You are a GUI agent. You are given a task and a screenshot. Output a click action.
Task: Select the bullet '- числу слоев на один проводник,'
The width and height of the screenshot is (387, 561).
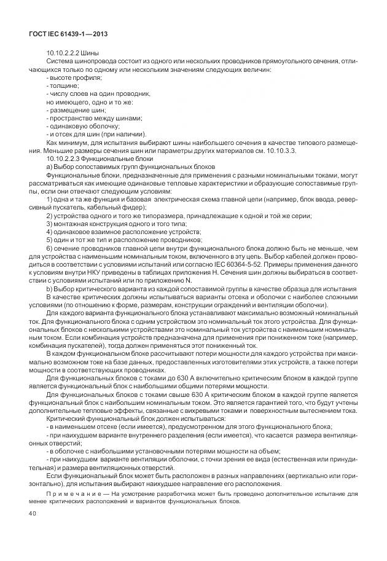click(x=98, y=93)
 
